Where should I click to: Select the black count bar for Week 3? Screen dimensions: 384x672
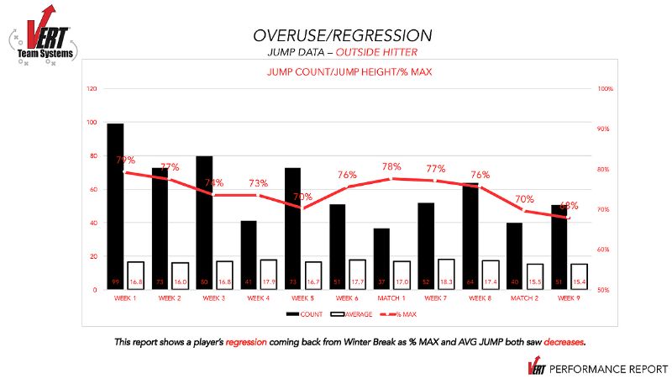pyautogui.click(x=204, y=223)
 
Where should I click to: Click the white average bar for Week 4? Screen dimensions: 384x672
pyautogui.click(x=269, y=275)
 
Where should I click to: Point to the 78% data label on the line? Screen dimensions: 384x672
pyautogui.click(x=391, y=167)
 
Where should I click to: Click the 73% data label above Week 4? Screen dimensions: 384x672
pyautogui.click(x=258, y=183)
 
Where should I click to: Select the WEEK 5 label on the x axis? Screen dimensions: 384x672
pyautogui.click(x=303, y=298)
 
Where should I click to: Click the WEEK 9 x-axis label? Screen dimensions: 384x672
pyautogui.click(x=570, y=298)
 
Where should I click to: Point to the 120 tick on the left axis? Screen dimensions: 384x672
pyautogui.click(x=92, y=88)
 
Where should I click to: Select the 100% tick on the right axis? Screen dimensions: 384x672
pyautogui.click(x=605, y=88)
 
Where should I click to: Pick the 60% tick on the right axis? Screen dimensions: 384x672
pyautogui.click(x=605, y=250)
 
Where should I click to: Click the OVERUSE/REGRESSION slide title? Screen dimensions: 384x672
pyautogui.click(x=343, y=35)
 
